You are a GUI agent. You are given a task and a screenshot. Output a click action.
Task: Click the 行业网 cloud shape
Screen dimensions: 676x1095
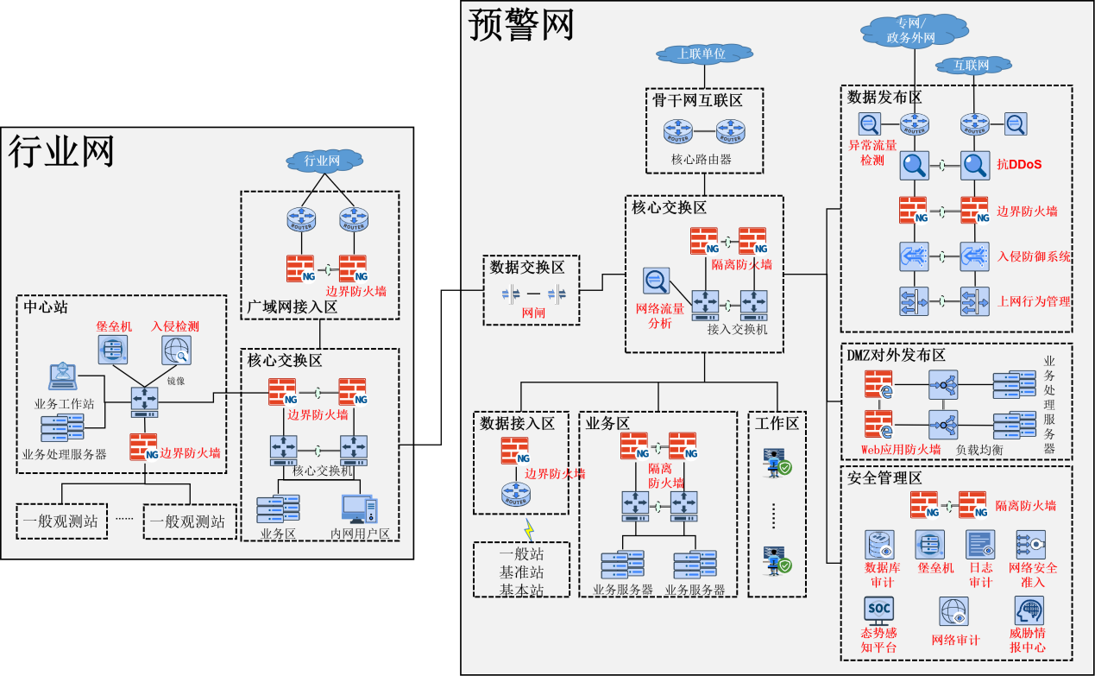coord(322,161)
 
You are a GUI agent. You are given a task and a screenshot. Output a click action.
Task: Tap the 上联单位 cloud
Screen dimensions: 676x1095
coord(701,54)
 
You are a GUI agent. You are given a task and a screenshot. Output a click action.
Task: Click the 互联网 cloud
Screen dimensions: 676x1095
coord(974,66)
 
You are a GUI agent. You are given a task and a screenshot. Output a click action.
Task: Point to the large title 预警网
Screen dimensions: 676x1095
coord(521,25)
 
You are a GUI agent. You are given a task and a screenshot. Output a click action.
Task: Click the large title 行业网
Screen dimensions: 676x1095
coord(61,152)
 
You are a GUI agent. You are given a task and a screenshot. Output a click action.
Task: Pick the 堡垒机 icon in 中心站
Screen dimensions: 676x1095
coord(113,350)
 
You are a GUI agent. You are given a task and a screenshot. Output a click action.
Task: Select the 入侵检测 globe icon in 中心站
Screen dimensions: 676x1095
coord(176,350)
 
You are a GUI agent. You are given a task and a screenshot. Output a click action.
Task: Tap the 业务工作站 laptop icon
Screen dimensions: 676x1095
coord(62,379)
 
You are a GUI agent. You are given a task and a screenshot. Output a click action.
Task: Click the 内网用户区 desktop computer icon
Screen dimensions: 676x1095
coord(358,509)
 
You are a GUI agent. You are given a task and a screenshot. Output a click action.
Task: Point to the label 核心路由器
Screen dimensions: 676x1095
coord(702,160)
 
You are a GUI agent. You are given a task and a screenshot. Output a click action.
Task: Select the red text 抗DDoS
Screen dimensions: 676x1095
coord(1019,164)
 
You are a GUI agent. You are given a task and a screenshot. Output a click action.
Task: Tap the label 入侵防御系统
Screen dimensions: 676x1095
coord(1034,256)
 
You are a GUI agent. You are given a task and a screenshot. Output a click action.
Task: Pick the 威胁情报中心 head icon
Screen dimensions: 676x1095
coord(1029,610)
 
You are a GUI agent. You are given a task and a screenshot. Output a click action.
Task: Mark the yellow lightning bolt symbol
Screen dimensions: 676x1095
coord(530,528)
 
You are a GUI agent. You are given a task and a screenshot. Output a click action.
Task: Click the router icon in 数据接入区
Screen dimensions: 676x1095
coord(516,495)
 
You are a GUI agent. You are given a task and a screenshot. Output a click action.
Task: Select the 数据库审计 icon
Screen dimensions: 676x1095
coord(880,546)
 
